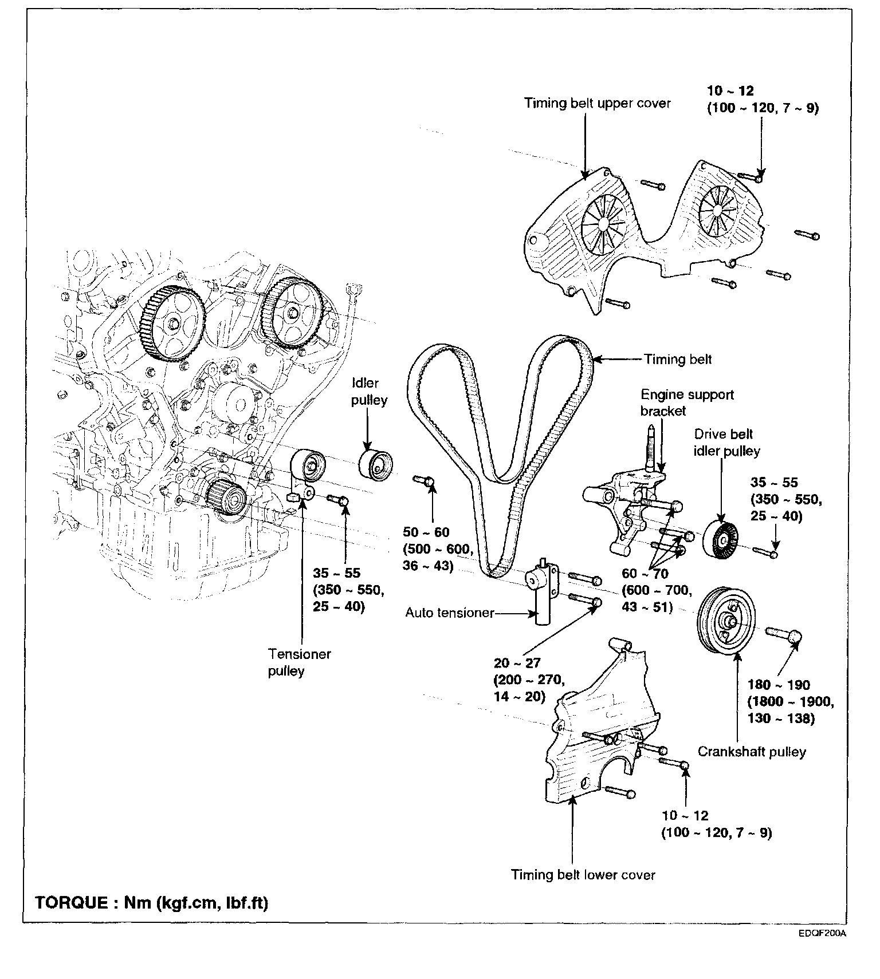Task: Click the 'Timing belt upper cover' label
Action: click(x=597, y=104)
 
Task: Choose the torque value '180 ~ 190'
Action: click(x=779, y=685)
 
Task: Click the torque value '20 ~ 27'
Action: click(x=517, y=663)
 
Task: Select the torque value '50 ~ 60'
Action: click(x=426, y=532)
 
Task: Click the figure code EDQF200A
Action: click(x=823, y=949)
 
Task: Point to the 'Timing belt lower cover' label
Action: click(x=583, y=875)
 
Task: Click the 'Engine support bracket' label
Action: click(x=686, y=402)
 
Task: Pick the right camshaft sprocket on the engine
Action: click(x=292, y=313)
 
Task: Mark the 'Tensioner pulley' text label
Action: click(x=299, y=662)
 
